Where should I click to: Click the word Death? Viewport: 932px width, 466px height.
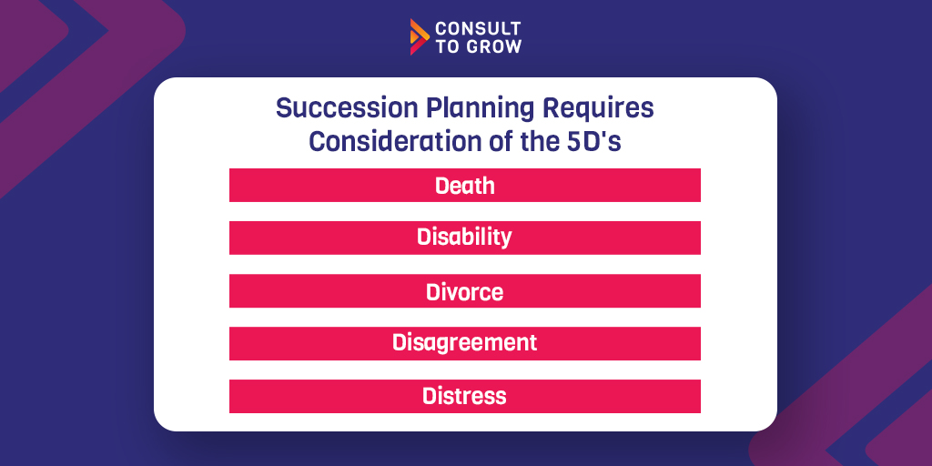[465, 186]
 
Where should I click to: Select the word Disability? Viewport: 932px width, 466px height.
[464, 238]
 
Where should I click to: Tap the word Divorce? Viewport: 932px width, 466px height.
[465, 291]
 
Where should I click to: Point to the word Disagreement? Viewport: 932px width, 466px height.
[465, 343]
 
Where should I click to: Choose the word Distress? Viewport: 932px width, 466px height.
[465, 396]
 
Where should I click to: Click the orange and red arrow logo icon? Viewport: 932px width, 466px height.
[419, 36]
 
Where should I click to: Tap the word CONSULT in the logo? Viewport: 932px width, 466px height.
[478, 28]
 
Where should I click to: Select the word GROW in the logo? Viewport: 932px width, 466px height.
[491, 47]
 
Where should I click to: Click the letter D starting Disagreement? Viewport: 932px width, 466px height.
[399, 342]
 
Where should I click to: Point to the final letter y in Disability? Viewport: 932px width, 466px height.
[506, 239]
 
